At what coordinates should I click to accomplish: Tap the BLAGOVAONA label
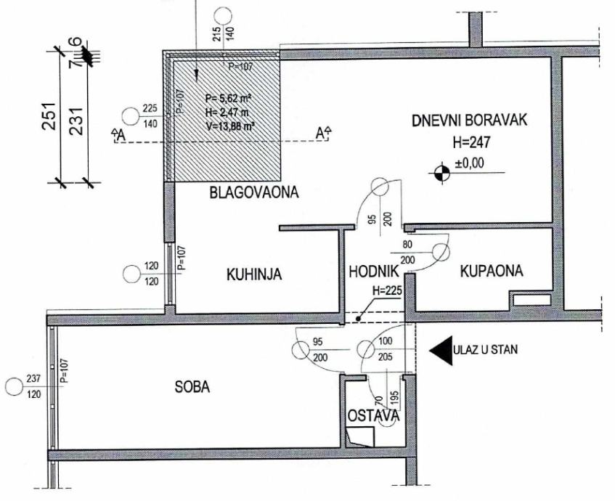click(254, 192)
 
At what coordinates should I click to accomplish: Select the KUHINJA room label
click(253, 274)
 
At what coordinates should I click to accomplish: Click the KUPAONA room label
click(492, 272)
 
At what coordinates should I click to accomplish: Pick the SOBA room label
click(192, 387)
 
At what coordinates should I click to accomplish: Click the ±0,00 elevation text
click(469, 164)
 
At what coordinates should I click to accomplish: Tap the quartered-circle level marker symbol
click(439, 172)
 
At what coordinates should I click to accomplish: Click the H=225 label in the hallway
click(386, 291)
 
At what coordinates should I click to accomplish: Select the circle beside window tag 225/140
click(131, 115)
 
